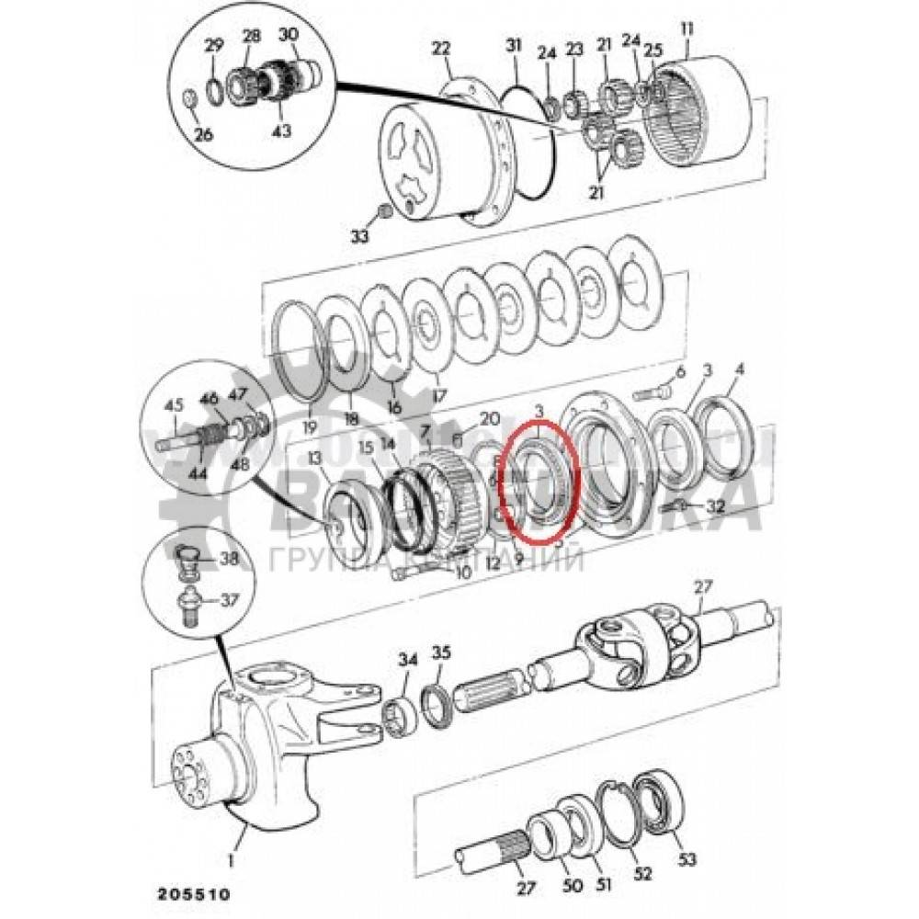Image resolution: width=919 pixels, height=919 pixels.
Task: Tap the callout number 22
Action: pos(444,47)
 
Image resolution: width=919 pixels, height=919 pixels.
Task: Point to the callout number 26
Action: pos(203,135)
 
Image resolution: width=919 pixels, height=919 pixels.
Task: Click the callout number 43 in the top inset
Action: pos(281,130)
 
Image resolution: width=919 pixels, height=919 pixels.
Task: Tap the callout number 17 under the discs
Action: pos(440,396)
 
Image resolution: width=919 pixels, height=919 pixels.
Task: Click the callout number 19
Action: pos(309,426)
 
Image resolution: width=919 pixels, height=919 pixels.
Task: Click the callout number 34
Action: pos(408,658)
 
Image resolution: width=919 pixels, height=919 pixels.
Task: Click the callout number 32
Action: pos(716,507)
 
